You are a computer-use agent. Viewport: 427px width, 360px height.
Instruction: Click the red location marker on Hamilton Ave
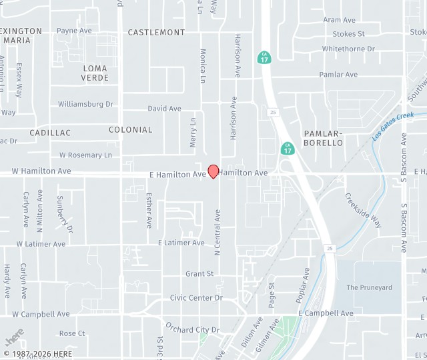(x=213, y=171)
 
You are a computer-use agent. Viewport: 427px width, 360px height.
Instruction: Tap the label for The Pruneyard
(x=370, y=287)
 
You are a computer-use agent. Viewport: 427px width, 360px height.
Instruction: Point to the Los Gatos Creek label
(x=393, y=125)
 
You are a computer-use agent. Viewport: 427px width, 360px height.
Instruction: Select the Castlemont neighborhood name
(x=156, y=32)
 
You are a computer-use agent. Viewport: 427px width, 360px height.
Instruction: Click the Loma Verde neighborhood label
(x=95, y=73)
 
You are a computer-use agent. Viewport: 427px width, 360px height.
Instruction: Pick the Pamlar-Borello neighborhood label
(x=323, y=138)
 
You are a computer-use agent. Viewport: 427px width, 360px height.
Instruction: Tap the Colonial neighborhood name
(x=131, y=129)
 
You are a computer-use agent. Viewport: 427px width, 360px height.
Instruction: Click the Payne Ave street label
(x=74, y=31)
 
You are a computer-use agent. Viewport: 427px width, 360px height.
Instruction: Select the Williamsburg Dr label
(x=85, y=104)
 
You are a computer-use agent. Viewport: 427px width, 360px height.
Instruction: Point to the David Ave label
(x=164, y=109)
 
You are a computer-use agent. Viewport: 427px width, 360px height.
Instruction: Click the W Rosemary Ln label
(x=85, y=155)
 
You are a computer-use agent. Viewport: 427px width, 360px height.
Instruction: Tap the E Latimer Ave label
(x=181, y=243)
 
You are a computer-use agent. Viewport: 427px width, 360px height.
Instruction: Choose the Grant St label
(x=199, y=273)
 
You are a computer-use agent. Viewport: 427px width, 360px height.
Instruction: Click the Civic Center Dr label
(x=196, y=298)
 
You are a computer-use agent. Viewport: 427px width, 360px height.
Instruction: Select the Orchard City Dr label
(x=192, y=329)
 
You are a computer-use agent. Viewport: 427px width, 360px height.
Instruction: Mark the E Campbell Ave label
(x=326, y=313)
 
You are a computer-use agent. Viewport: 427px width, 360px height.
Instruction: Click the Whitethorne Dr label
(x=348, y=49)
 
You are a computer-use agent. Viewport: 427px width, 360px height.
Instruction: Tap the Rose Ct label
(x=72, y=333)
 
